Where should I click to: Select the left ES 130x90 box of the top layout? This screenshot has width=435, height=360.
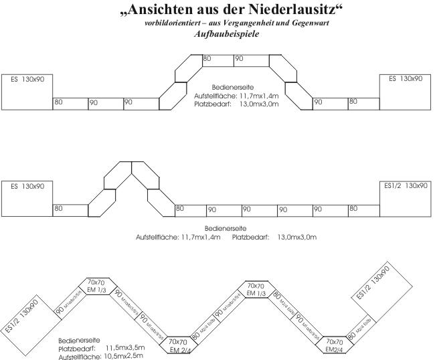point(27,91)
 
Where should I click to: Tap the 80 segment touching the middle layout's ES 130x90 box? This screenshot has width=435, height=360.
point(70,209)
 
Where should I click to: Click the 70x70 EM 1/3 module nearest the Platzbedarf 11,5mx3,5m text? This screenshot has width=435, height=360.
point(98,284)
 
